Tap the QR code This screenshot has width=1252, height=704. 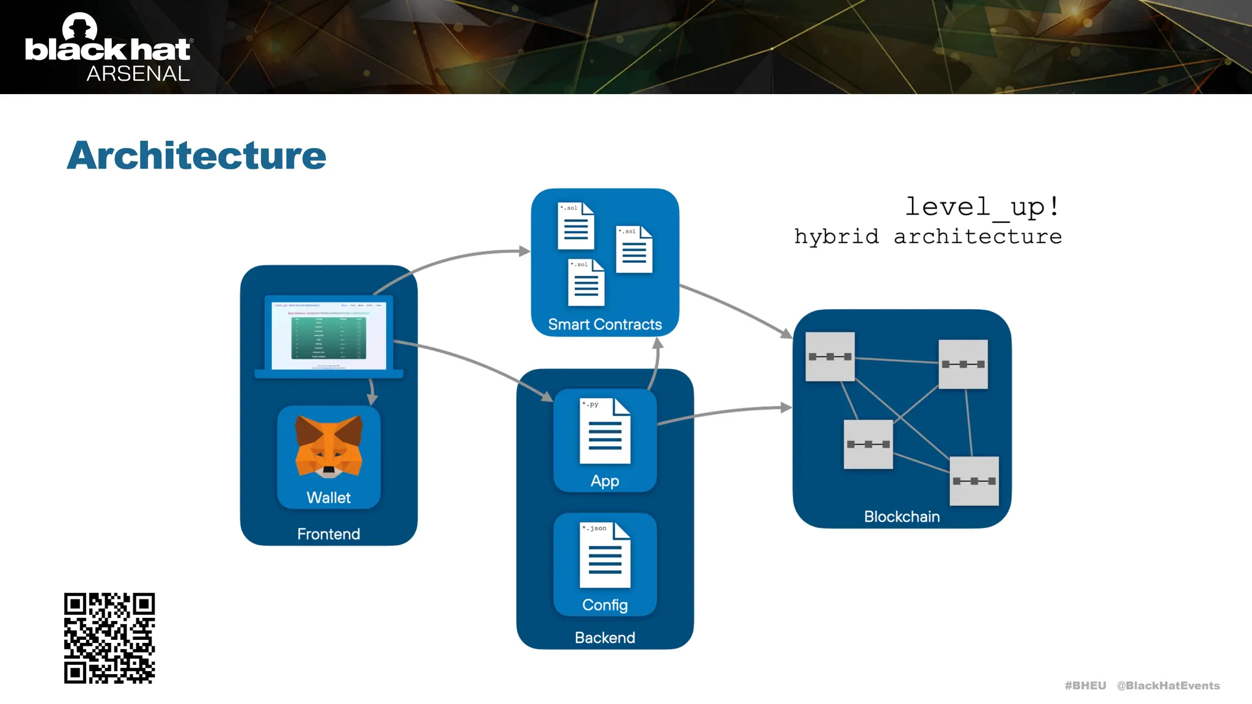coord(109,637)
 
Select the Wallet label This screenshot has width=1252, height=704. coord(328,497)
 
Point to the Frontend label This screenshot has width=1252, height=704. coord(328,534)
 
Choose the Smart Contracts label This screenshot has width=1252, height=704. coord(605,324)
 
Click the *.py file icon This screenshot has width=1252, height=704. coord(605,431)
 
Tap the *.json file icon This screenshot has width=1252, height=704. coord(605,555)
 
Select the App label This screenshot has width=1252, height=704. coord(605,481)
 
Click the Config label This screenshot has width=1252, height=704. coord(605,605)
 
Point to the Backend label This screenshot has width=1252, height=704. coord(605,637)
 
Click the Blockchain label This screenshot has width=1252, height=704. coord(902,516)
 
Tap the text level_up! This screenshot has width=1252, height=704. coord(982,207)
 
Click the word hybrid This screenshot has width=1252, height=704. coord(836,237)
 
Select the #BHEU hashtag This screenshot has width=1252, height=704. coord(1085,686)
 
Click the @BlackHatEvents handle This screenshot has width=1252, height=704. coord(1168,686)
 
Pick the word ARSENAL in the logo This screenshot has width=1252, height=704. coord(138,74)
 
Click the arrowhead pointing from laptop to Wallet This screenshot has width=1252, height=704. coord(372,399)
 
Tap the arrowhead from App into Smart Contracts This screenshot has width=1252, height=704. coord(658,343)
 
